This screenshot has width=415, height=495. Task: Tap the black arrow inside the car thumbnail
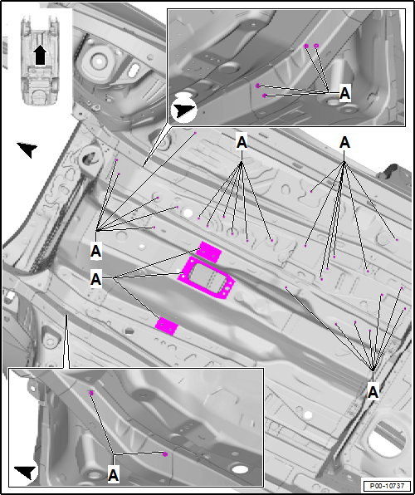[39, 54]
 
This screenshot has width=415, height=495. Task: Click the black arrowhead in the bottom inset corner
[27, 472]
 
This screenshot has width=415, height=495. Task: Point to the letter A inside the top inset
[345, 94]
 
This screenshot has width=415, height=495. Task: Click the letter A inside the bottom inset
[114, 473]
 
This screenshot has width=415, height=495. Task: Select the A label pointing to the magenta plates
[96, 280]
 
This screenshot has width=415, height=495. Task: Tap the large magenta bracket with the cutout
[207, 279]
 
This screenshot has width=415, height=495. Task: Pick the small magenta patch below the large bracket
[168, 326]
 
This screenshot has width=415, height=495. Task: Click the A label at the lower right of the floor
[373, 390]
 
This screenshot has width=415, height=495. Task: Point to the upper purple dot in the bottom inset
[91, 391]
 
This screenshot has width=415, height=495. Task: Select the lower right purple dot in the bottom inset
[165, 453]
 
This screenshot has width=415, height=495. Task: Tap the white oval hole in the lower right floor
[307, 414]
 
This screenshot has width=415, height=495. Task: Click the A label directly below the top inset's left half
[242, 143]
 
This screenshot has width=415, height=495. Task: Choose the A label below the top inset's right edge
[345, 143]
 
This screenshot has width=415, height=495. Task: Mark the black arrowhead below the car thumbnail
[27, 149]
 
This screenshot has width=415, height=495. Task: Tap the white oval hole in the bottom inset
[240, 470]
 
